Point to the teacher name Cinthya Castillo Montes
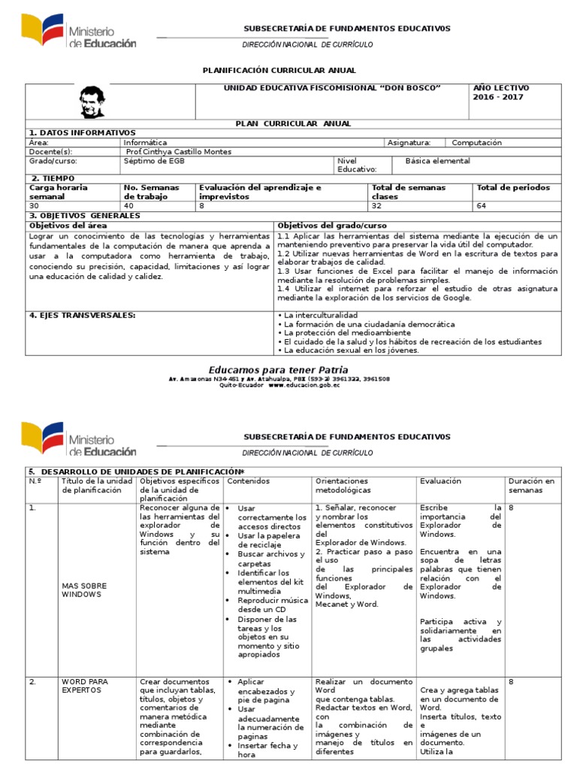tap(180, 151)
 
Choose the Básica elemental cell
tap(437, 160)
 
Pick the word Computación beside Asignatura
tap(477, 142)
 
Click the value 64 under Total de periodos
tap(482, 205)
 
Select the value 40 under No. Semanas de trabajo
tap(128, 205)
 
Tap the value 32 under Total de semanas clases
tap(376, 205)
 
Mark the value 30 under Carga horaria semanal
tap(34, 205)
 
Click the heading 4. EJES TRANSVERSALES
tap(82, 315)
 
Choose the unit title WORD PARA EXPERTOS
tap(85, 687)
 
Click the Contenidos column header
tap(248, 480)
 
